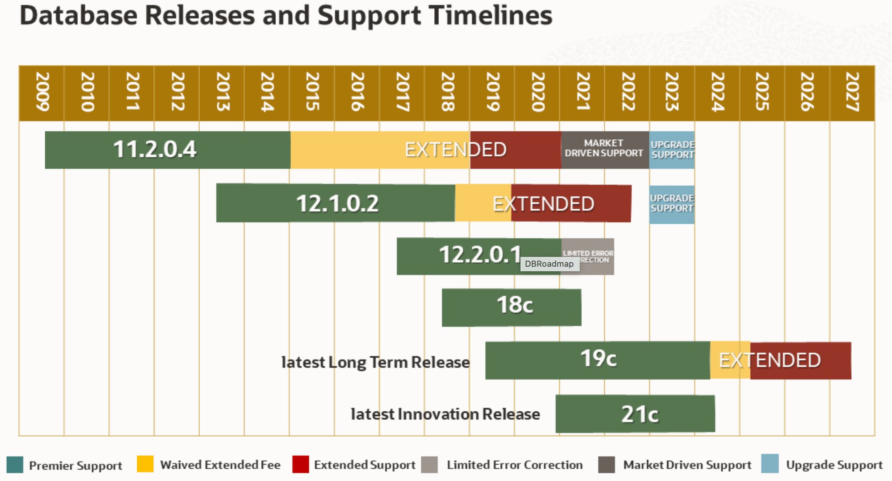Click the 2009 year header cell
click(42, 92)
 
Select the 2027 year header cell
click(852, 92)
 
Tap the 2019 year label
click(492, 92)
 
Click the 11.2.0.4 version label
click(154, 149)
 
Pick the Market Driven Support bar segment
click(604, 149)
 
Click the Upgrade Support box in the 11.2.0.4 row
click(672, 150)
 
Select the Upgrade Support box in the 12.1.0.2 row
click(672, 204)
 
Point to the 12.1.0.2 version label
click(337, 203)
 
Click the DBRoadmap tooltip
click(549, 264)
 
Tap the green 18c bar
click(512, 307)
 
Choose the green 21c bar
click(635, 414)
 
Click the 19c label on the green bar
click(598, 359)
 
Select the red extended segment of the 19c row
click(801, 361)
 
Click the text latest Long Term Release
click(375, 362)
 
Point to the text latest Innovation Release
click(445, 414)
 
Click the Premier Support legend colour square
click(15, 465)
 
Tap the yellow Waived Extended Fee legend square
click(145, 464)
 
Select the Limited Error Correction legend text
click(514, 465)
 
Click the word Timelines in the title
click(490, 15)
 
